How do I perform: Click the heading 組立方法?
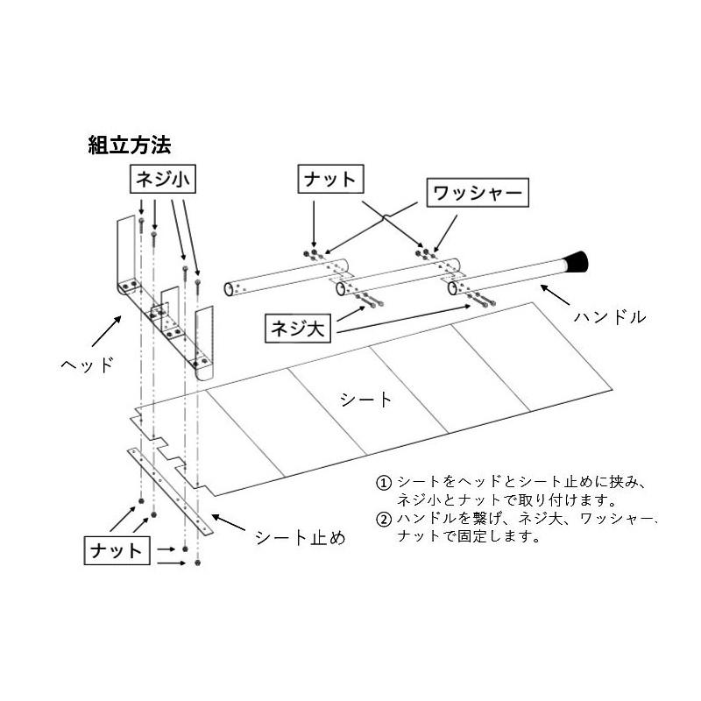click(129, 145)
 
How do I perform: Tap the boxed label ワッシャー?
click(477, 192)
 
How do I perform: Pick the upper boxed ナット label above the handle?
click(329, 180)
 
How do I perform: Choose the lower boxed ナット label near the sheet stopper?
click(117, 551)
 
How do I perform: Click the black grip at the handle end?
click(575, 261)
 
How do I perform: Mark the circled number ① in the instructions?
click(383, 483)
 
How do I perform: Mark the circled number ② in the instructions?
click(383, 519)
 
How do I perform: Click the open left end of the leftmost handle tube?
click(229, 287)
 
